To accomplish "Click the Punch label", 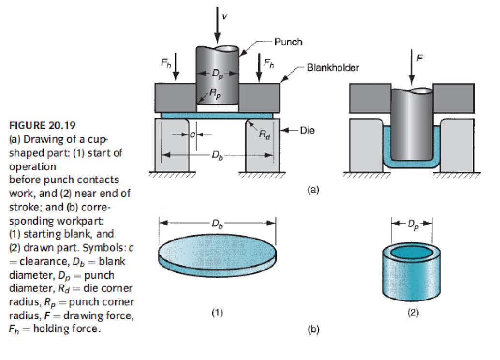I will click(x=288, y=42).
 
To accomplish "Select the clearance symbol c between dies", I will click(x=192, y=135).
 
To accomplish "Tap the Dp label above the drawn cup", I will click(x=412, y=224).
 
